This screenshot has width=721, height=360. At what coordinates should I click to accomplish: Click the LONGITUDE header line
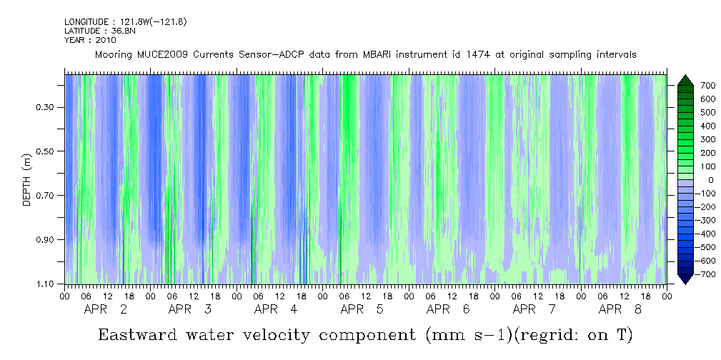coord(125,22)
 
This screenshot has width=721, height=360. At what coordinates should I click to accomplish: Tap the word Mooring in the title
coord(112,54)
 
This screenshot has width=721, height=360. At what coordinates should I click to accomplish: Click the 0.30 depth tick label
coord(46,108)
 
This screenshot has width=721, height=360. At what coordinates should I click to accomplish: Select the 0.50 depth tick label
coord(46,152)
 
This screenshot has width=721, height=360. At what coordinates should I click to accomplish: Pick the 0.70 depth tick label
coord(46,196)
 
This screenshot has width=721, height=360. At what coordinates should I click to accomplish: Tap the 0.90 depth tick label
coord(46,240)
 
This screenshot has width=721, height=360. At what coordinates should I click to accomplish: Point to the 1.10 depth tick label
coord(46,284)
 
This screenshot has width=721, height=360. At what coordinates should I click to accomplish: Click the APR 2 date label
coord(106,310)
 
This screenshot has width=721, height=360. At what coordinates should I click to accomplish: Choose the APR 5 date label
coord(362,310)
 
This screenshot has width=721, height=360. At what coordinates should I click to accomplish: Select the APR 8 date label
coord(620,310)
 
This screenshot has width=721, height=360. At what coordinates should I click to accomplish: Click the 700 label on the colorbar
coord(688,86)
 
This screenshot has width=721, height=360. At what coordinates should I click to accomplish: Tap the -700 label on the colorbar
coord(687,275)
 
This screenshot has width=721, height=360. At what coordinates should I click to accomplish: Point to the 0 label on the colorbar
coord(690,180)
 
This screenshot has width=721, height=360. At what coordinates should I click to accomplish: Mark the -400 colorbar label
coord(687,234)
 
